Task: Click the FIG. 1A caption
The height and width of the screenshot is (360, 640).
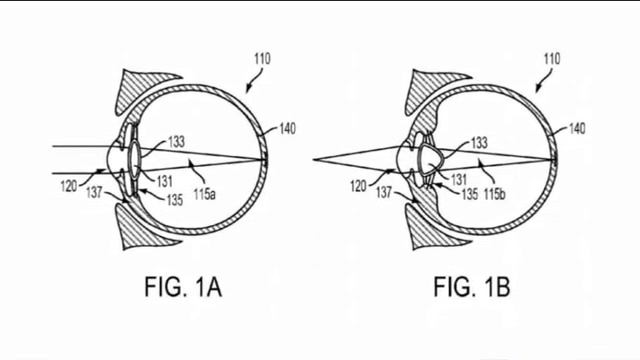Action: point(183,287)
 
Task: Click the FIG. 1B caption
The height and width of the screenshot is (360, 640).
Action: point(472,287)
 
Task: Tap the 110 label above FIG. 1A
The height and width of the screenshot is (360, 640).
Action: point(262,59)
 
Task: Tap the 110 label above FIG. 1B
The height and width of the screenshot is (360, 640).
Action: point(552,59)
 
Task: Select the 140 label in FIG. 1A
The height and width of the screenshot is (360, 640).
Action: point(287,129)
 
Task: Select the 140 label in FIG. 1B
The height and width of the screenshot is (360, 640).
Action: point(577,129)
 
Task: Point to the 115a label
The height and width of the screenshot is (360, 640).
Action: point(204,194)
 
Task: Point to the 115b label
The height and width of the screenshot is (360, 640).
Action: point(495,194)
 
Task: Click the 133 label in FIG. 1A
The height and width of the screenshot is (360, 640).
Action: point(176,142)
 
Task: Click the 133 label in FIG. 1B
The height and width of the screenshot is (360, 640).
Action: point(479,142)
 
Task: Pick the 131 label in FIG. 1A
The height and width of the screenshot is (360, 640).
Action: point(164,181)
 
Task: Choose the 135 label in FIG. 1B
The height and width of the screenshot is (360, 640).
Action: point(470,194)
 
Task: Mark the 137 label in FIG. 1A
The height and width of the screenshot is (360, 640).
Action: point(94,192)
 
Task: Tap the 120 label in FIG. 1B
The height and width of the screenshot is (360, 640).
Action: point(358,186)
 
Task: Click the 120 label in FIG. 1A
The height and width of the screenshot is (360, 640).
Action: point(69,186)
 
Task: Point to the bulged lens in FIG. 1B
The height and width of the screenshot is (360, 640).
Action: point(430,160)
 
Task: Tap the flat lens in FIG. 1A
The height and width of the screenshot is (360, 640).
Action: point(134,160)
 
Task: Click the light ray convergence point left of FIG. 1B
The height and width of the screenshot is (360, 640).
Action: point(314,160)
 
